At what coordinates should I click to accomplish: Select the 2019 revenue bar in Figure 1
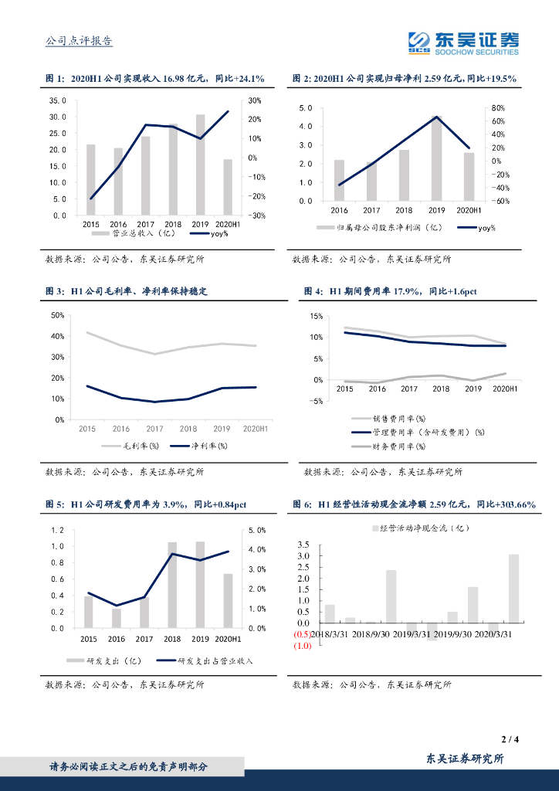[x=200, y=165]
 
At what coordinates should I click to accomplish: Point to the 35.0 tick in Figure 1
[x=59, y=100]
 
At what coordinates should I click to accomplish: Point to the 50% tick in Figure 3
[x=57, y=315]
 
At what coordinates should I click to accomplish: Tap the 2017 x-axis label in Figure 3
[x=155, y=429]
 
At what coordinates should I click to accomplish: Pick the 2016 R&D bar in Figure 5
[x=117, y=618]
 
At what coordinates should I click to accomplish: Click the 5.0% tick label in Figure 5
[x=256, y=530]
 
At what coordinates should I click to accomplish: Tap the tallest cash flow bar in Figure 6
[x=513, y=588]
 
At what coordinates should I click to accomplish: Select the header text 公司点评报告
[x=79, y=41]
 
